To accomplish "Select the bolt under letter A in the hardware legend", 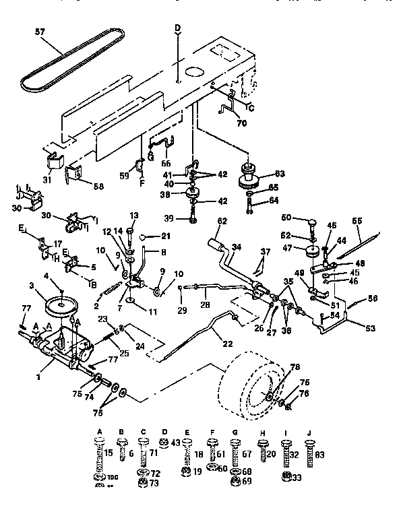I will point(100,455).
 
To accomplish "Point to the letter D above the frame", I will point(178,28).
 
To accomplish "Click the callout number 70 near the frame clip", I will point(241,123).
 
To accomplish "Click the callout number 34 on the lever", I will point(236,247).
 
